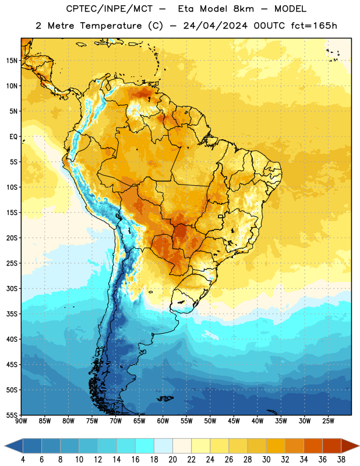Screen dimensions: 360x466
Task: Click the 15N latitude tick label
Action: (x=12, y=61)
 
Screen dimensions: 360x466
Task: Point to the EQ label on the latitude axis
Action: (x=13, y=137)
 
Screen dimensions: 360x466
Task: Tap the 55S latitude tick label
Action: (x=12, y=415)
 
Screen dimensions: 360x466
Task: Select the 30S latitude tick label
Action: (x=12, y=288)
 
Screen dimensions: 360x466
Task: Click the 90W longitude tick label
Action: (x=21, y=421)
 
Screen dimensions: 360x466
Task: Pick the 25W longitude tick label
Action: (x=328, y=421)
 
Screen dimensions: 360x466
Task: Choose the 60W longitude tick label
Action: (x=163, y=421)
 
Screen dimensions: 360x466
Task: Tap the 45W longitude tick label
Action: (x=234, y=421)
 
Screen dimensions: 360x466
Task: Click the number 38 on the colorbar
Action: (x=341, y=460)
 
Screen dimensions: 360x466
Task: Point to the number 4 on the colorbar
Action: (x=23, y=460)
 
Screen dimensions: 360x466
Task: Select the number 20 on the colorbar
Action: (x=172, y=460)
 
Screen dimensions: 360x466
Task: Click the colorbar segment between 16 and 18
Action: (x=145, y=446)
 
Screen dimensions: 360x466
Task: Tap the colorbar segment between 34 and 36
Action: (x=313, y=446)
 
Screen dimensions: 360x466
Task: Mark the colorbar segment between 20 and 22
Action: (x=182, y=446)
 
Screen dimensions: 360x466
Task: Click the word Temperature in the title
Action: (x=111, y=26)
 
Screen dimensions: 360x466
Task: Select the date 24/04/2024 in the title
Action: (x=215, y=26)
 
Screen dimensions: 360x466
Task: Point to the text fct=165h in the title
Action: (x=314, y=26)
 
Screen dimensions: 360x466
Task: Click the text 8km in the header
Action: (x=243, y=9)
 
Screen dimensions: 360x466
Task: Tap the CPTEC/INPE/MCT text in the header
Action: (x=110, y=9)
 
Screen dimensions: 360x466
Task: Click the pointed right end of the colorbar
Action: (x=359, y=446)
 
